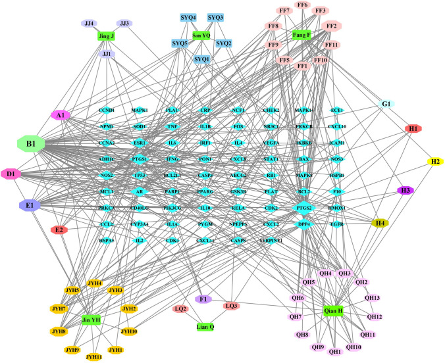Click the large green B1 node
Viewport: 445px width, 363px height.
(x=30, y=143)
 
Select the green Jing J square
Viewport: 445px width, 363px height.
(x=106, y=36)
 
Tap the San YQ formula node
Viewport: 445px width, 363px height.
(x=201, y=36)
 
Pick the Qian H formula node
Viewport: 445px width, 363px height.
(x=334, y=310)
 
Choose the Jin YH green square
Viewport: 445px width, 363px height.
(x=91, y=320)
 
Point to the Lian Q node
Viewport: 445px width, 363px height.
(x=207, y=326)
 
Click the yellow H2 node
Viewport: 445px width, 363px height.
(x=435, y=161)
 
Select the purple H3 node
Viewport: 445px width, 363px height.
(x=406, y=191)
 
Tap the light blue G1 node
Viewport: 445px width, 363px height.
(x=386, y=105)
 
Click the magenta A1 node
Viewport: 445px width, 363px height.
(x=61, y=115)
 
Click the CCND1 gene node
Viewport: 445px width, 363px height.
(x=106, y=110)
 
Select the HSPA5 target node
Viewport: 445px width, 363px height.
(x=106, y=241)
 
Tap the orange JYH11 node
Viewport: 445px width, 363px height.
(x=94, y=357)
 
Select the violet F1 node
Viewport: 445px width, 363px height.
(x=203, y=300)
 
